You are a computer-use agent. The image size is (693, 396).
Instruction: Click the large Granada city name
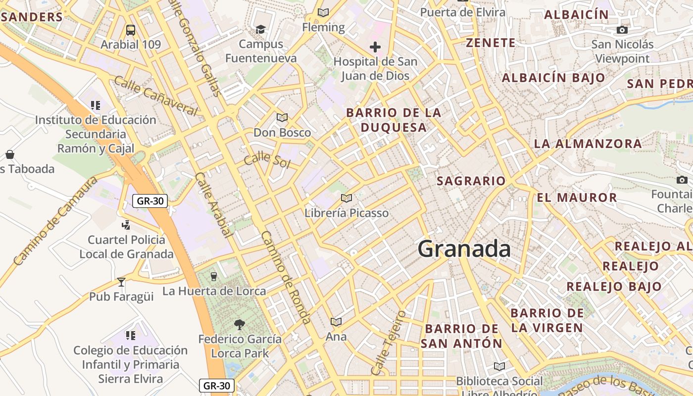(464, 248)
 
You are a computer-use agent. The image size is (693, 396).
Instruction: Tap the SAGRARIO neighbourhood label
(471, 181)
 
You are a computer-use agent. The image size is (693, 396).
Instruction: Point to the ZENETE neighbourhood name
(491, 43)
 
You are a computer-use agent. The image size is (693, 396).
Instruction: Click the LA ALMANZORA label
(588, 144)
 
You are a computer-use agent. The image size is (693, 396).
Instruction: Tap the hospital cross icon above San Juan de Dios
(375, 48)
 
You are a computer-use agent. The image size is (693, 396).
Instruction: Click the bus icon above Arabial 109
(131, 30)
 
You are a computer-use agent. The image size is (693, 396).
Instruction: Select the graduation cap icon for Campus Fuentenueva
(260, 30)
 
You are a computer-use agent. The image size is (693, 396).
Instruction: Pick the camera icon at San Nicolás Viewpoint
(622, 30)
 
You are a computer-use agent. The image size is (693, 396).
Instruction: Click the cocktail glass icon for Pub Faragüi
(121, 282)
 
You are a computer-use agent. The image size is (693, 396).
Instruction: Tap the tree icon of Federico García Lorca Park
(240, 325)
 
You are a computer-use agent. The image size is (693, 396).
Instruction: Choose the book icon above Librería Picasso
(346, 198)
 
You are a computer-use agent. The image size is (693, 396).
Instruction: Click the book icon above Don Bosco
(282, 118)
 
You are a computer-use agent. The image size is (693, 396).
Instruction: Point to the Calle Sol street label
(267, 159)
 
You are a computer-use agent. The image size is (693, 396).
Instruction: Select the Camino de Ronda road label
(286, 277)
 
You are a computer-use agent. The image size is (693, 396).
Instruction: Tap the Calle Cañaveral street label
(155, 96)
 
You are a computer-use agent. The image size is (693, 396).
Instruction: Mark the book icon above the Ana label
(336, 322)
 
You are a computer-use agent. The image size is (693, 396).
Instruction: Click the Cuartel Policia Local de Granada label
(127, 247)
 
